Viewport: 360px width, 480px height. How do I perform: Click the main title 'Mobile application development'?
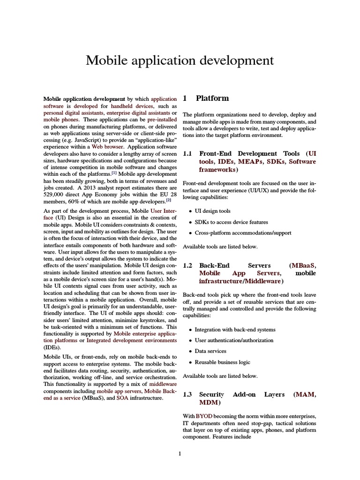tap(180, 60)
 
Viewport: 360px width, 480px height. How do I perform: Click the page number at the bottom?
tap(180, 453)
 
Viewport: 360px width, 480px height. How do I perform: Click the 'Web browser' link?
tap(107, 147)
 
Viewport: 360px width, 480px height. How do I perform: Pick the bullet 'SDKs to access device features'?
tap(231, 222)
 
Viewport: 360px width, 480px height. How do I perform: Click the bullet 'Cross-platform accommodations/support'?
tap(243, 233)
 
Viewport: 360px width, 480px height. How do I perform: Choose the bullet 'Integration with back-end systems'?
tap(235, 330)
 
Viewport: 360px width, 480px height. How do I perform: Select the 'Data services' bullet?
tap(210, 351)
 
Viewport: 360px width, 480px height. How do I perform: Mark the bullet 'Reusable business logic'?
tap(223, 362)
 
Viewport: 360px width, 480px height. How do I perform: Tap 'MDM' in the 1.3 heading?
tap(208, 403)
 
